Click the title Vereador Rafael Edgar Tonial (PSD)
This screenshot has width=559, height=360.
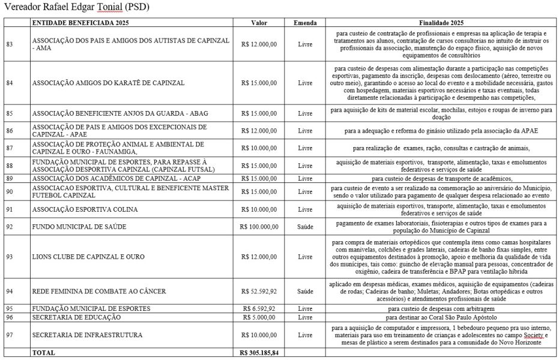tap(77, 8)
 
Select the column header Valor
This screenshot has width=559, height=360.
tap(259, 22)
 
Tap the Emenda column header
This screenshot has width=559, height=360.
tap(305, 22)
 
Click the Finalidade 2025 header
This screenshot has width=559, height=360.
tap(441, 22)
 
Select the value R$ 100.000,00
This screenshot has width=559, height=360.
tap(259, 227)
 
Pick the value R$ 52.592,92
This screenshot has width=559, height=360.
tap(259, 291)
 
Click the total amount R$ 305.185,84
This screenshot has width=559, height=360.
tap(259, 353)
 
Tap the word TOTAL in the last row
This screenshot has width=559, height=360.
tap(43, 353)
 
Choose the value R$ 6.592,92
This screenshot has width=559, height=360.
tap(259, 308)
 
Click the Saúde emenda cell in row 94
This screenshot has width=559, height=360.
tap(305, 291)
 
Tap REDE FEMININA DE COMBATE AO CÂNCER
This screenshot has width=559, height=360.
tap(99, 291)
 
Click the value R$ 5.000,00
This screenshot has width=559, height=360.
tap(259, 317)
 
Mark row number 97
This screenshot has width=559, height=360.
tap(9, 334)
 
